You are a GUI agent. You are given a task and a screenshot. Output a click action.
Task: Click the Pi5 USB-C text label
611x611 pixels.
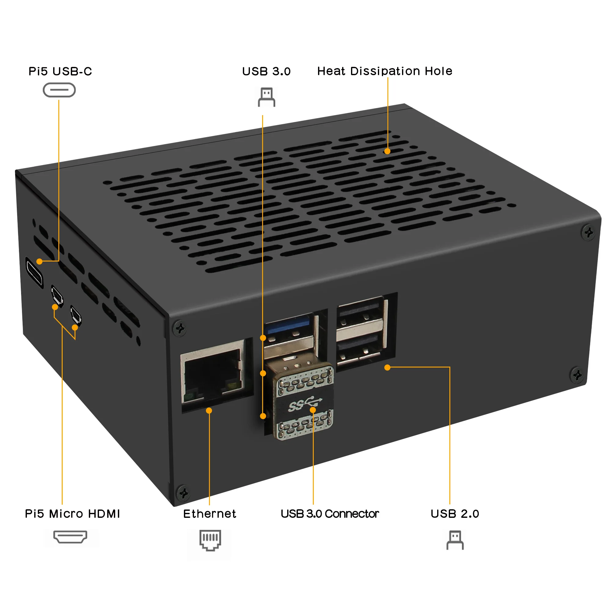pyautogui.click(x=60, y=71)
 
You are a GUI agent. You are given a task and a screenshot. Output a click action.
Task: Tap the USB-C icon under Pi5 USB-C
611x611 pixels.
pyautogui.click(x=59, y=90)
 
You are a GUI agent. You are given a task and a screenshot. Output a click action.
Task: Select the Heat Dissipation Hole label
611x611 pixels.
pyautogui.click(x=385, y=71)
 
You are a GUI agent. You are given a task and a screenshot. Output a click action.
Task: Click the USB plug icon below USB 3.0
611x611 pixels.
pyautogui.click(x=267, y=97)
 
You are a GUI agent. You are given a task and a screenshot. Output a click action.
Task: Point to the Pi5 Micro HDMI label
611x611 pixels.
pyautogui.click(x=72, y=514)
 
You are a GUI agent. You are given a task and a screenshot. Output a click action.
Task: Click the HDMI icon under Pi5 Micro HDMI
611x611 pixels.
pyautogui.click(x=70, y=537)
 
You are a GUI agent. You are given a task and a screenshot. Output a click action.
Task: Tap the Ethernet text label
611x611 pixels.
pyautogui.click(x=210, y=514)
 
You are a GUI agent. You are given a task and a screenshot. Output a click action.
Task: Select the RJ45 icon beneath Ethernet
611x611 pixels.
pyautogui.click(x=210, y=540)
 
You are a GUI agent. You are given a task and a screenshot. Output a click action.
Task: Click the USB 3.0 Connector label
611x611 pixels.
pyautogui.click(x=330, y=514)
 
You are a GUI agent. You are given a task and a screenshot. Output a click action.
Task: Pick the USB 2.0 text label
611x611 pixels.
pyautogui.click(x=455, y=514)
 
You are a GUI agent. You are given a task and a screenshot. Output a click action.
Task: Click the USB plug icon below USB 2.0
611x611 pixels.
pyautogui.click(x=455, y=540)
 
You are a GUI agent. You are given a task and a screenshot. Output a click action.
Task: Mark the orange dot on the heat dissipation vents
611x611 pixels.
pyautogui.click(x=387, y=151)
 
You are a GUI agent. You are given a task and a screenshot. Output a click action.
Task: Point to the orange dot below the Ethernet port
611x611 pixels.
pyautogui.click(x=209, y=411)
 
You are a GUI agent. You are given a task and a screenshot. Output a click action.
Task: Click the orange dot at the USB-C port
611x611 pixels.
pyautogui.click(x=39, y=261)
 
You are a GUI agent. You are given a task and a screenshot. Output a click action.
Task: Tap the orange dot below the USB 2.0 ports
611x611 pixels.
pyautogui.click(x=387, y=368)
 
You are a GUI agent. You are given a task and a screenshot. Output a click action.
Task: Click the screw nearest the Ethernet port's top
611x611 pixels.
pyautogui.click(x=180, y=328)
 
